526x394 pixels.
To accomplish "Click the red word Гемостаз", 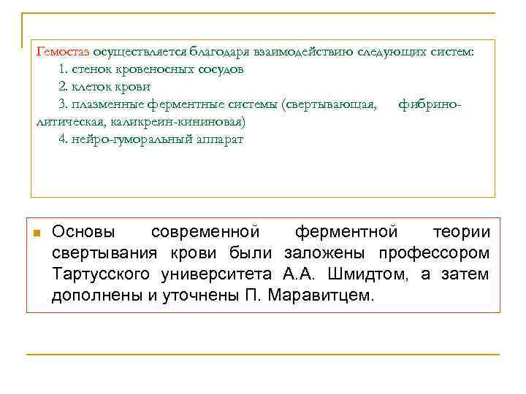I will (x=63, y=53).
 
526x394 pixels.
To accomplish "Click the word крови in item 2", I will (x=135, y=87).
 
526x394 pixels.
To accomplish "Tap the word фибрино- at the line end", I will (x=430, y=104).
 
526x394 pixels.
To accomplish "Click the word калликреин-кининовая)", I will (x=187, y=122).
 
